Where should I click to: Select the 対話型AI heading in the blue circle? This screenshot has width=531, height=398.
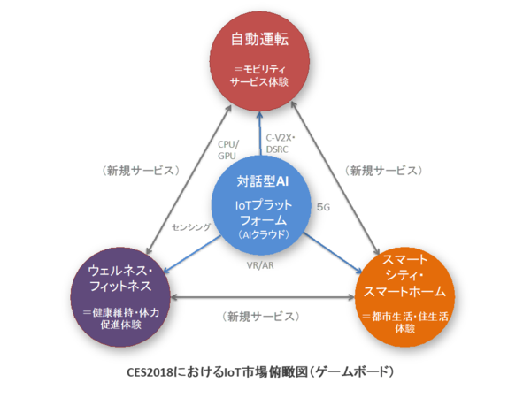coord(263,181)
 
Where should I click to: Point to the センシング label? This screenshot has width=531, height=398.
coord(191,227)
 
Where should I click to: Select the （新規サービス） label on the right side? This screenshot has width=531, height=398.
coord(387,169)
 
